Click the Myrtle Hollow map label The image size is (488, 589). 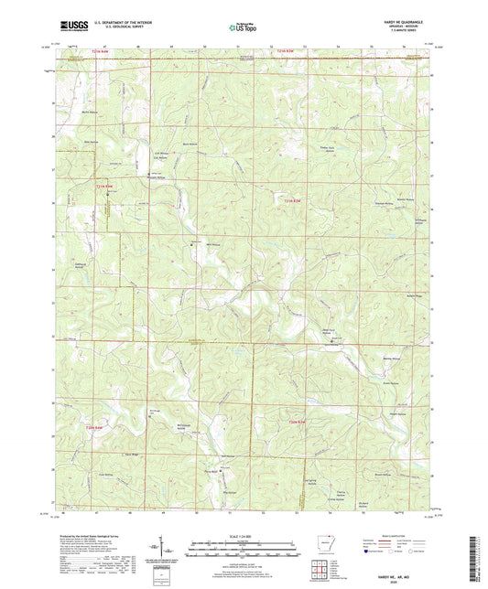tap(90, 112)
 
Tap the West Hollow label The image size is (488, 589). tap(91, 142)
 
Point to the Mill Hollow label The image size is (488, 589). tap(213, 245)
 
